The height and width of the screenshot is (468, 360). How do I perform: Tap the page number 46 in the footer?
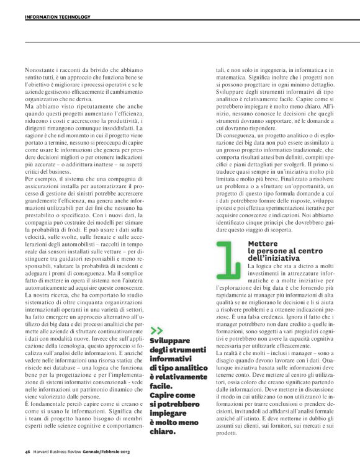28,451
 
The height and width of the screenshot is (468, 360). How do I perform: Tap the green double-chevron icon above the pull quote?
156,330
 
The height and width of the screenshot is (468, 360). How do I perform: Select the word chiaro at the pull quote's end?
164,425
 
